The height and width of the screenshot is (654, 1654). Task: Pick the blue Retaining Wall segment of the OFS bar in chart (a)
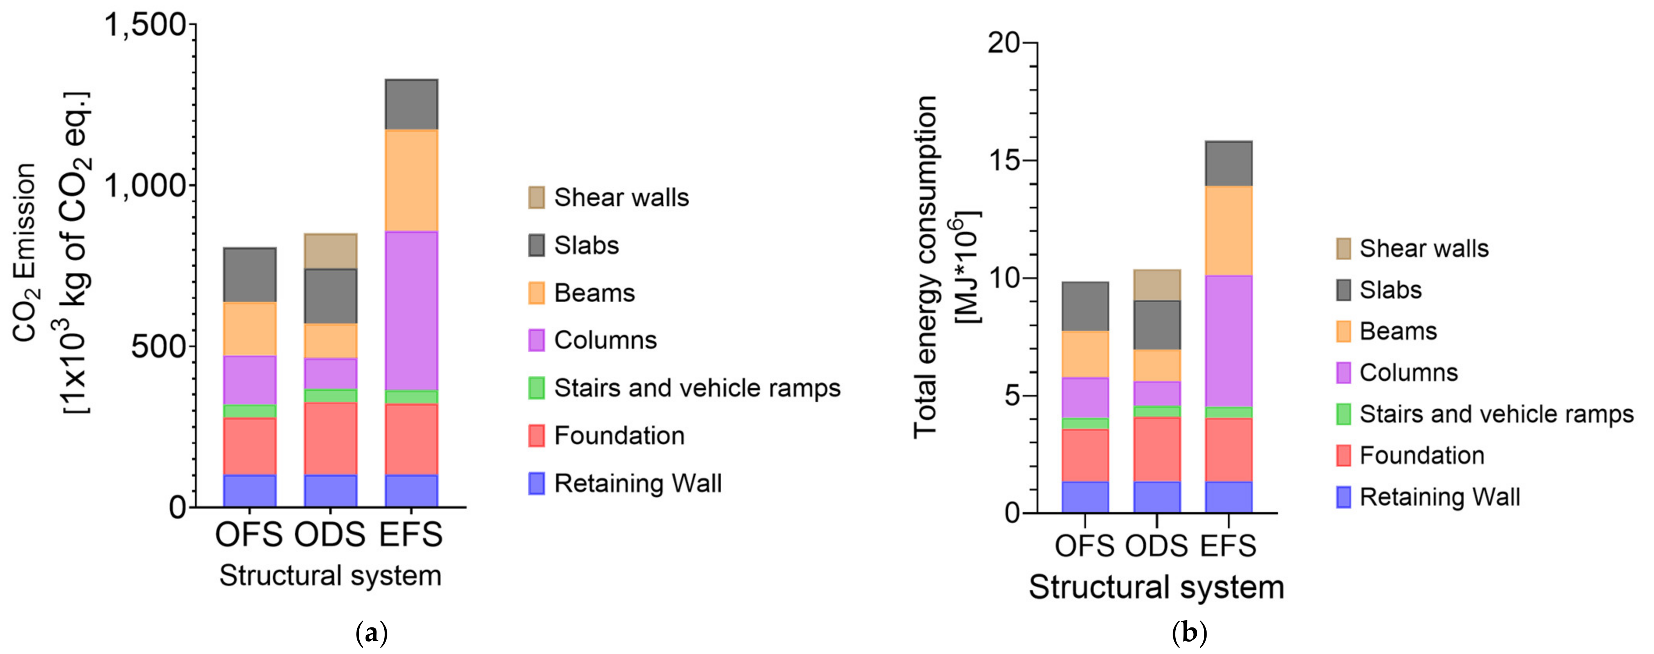[x=249, y=491]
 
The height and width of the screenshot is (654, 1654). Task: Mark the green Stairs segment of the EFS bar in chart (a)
[x=411, y=397]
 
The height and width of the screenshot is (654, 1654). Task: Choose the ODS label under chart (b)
[x=1156, y=546]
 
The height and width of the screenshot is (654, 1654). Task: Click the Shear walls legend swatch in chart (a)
[x=536, y=197]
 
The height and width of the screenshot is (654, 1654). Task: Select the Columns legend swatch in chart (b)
[x=1343, y=373]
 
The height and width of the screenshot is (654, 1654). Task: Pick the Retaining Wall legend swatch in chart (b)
[x=1343, y=497]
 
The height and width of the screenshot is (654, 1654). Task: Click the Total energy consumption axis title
[x=925, y=267]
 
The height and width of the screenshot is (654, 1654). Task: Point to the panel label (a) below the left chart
[x=371, y=634]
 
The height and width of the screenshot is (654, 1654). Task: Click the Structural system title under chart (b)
[x=1156, y=587]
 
